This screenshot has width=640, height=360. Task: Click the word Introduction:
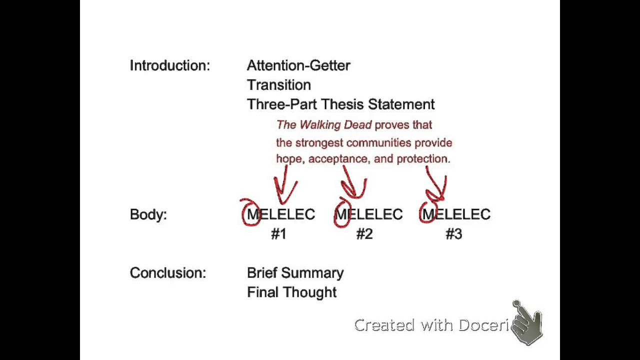click(x=170, y=65)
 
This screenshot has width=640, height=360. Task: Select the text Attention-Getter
click(x=298, y=65)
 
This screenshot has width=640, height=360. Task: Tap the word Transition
click(x=279, y=85)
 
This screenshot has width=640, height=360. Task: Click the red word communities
click(x=379, y=142)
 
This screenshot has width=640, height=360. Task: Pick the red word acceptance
click(x=339, y=159)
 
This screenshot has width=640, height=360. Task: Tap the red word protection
click(x=423, y=159)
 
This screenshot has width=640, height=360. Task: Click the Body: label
click(x=148, y=214)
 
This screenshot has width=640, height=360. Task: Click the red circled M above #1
click(x=253, y=214)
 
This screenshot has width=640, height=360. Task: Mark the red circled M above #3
click(x=429, y=214)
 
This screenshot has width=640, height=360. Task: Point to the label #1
click(x=278, y=234)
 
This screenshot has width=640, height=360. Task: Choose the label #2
click(x=364, y=234)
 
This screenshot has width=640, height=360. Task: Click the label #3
click(x=453, y=234)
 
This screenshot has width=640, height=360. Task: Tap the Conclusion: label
click(x=168, y=273)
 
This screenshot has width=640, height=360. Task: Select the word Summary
click(x=312, y=273)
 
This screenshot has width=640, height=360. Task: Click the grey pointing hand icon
click(x=526, y=323)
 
